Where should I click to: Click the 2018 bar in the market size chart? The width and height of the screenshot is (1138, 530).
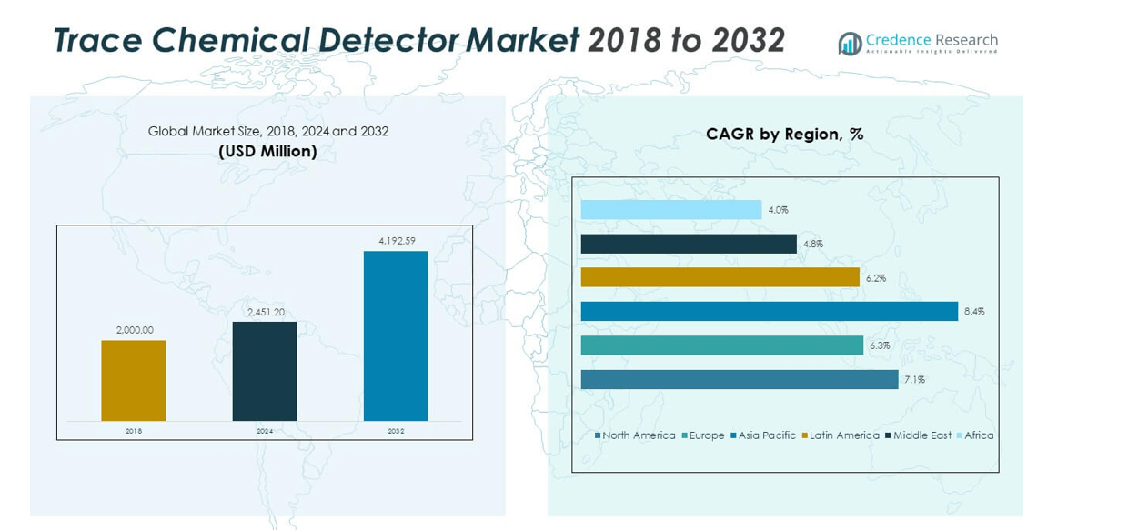pos(134,380)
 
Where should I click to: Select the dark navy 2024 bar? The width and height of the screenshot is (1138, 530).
pos(265,371)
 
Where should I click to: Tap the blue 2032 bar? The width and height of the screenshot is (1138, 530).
pos(396,335)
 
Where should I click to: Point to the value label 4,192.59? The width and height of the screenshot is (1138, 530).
pos(396,241)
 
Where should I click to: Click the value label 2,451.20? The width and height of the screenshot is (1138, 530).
pos(266,312)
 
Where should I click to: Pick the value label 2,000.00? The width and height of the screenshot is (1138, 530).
pos(134,330)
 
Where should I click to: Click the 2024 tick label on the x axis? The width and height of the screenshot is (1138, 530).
pos(265,431)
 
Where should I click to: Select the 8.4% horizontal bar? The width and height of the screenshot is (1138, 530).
pos(769,312)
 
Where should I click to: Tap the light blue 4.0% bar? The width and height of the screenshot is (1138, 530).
pos(671,210)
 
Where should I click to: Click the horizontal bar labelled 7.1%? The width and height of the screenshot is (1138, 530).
pos(740,380)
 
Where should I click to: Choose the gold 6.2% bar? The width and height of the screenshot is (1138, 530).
pos(720,277)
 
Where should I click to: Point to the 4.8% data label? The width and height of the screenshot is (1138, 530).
pos(813,244)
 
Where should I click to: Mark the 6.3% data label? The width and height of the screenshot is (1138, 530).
pos(880,345)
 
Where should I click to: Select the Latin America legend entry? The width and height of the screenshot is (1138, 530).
pos(841,435)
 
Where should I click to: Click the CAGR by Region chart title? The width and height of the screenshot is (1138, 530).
pos(784,135)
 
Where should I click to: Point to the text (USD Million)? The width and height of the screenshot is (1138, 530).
pos(267,152)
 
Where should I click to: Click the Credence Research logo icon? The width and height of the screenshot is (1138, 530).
pos(850,44)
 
